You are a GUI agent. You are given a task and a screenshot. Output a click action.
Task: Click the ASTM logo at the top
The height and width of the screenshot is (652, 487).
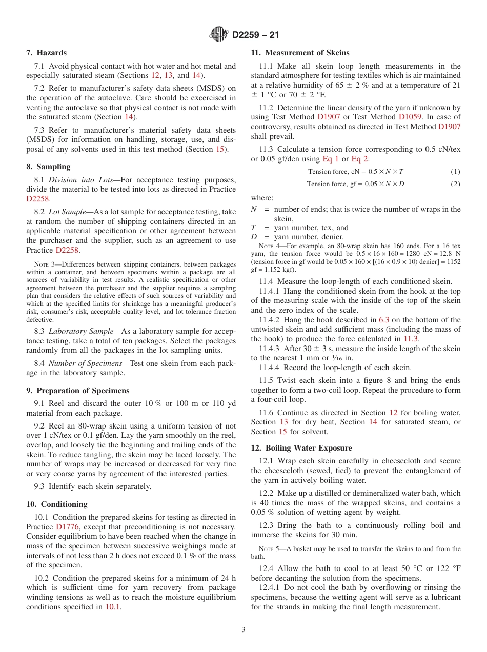(x=219, y=35)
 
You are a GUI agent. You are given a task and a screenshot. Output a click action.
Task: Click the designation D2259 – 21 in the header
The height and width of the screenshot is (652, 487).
(x=255, y=35)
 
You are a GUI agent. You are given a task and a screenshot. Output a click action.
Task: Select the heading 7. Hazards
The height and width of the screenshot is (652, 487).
(x=46, y=53)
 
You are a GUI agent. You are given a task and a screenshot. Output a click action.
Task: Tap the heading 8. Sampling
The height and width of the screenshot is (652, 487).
(x=48, y=167)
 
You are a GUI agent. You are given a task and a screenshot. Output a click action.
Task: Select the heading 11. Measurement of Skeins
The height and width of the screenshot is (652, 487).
(x=300, y=53)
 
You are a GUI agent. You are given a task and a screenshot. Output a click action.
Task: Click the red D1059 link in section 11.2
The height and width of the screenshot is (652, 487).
(x=410, y=117)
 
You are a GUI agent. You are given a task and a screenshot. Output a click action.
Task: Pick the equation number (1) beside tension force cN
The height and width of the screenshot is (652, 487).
(x=455, y=172)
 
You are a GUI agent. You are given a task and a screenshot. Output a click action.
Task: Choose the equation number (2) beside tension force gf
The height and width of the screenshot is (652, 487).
(x=455, y=184)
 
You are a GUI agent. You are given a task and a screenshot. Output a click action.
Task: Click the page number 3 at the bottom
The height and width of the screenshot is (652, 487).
(x=243, y=630)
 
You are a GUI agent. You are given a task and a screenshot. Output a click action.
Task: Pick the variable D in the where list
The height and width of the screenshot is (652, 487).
(x=254, y=237)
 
